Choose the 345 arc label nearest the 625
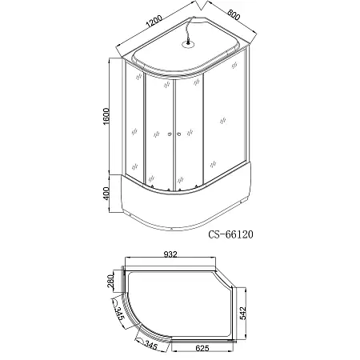[149, 344]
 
